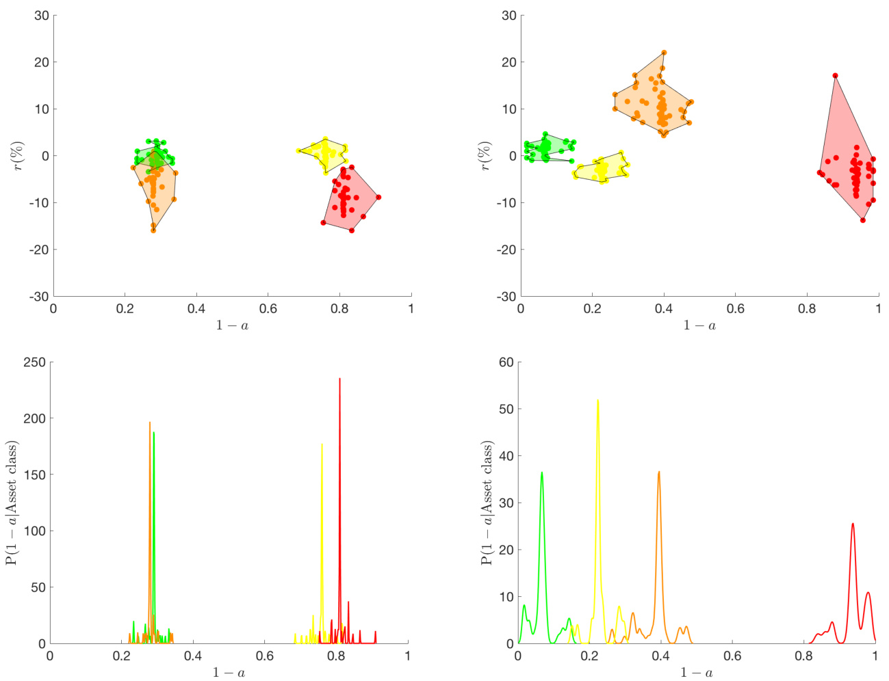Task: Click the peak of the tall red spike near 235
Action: (339, 379)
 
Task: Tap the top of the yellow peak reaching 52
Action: (597, 401)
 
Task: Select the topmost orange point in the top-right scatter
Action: (664, 53)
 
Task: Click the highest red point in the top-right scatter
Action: (835, 76)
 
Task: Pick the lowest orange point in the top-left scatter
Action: (153, 230)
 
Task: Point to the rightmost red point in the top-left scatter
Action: (378, 197)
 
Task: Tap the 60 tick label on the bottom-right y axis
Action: (506, 362)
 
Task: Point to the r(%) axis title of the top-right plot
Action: (485, 156)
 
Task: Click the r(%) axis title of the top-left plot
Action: (18, 156)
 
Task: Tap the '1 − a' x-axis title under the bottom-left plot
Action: (229, 673)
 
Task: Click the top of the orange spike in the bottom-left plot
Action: (150, 423)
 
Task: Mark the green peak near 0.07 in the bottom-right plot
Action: (542, 472)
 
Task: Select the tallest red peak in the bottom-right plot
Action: (853, 524)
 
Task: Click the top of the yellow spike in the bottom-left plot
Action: (322, 444)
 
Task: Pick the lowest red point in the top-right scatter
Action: (863, 220)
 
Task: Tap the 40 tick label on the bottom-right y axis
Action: (506, 456)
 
